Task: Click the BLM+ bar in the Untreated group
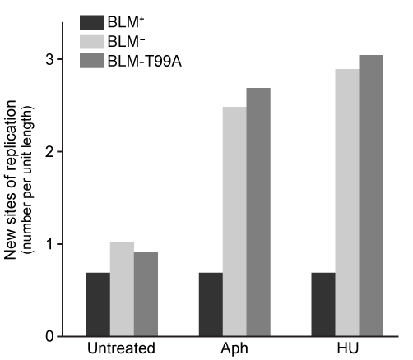(98, 304)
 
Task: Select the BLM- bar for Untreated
(122, 289)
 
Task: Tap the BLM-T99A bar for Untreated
(146, 293)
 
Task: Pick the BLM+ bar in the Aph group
(211, 304)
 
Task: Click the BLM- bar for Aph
(234, 222)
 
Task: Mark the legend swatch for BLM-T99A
(91, 60)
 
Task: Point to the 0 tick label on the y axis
(50, 336)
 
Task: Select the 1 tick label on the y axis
(50, 244)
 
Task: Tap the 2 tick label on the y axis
(50, 152)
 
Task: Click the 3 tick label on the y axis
(50, 60)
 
